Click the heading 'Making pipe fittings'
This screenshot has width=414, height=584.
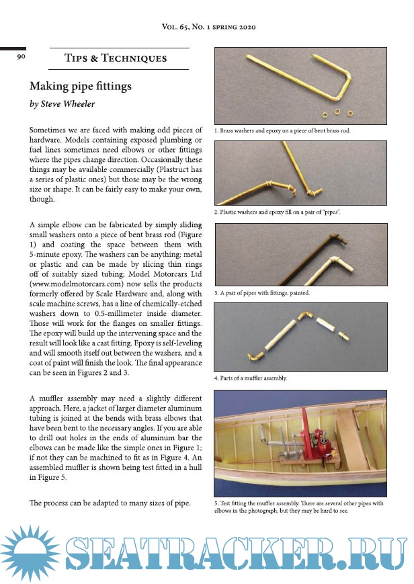tap(79, 87)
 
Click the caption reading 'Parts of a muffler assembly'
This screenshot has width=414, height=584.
tap(251, 378)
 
